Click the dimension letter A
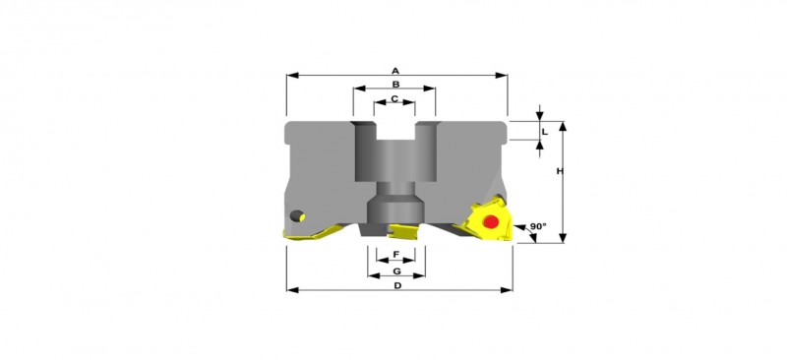pyautogui.click(x=395, y=71)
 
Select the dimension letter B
pyautogui.click(x=395, y=85)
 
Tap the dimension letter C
pyautogui.click(x=394, y=99)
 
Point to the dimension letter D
pyautogui.click(x=397, y=285)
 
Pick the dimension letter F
pyautogui.click(x=396, y=255)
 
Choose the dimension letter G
pyautogui.click(x=396, y=271)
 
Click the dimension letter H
pyautogui.click(x=559, y=171)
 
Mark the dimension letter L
pyautogui.click(x=545, y=132)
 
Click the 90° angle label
pyautogui.click(x=537, y=226)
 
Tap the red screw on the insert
pyautogui.click(x=490, y=222)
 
